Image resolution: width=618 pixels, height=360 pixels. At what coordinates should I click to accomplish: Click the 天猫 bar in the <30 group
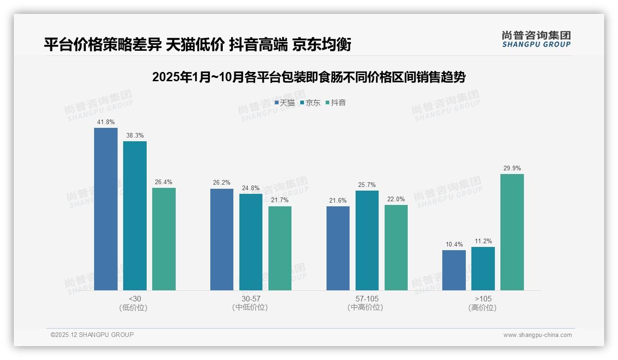pos(106,209)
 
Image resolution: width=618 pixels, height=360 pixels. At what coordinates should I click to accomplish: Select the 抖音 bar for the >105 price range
pos(512,232)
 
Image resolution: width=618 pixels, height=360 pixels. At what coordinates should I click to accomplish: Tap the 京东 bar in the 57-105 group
pos(367,240)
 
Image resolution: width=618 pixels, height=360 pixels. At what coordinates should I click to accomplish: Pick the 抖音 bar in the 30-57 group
pos(280,248)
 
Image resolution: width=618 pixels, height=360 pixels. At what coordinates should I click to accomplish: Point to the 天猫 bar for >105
pos(454,270)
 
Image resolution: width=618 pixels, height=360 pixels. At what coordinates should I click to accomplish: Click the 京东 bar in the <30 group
pos(135,216)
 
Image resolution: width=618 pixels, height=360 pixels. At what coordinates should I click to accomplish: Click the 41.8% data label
pos(106,122)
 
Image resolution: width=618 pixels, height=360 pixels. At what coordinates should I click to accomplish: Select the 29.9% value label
pos(512,168)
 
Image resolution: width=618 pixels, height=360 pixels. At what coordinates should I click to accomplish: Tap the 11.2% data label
pos(483,241)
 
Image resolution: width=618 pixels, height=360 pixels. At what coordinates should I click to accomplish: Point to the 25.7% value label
pos(367,185)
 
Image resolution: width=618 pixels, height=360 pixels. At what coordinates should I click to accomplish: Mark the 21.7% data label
pos(280,201)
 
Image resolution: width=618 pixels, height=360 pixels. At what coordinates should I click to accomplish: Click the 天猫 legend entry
pos(285,103)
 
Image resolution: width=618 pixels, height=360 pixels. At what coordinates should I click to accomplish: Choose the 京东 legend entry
pos(310,103)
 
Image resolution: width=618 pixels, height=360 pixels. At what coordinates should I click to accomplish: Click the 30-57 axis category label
pos(250,299)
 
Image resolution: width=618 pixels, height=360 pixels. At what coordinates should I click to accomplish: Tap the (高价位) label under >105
pos(482,307)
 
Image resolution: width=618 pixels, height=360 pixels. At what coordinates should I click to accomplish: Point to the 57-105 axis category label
pos(367,299)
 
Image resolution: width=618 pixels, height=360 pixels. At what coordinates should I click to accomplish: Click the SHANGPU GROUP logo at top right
pos(536,39)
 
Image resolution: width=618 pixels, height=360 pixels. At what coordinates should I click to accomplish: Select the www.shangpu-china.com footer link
pos(537,335)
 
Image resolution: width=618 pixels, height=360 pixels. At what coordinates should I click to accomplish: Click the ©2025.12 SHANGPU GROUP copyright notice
pos(92,335)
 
